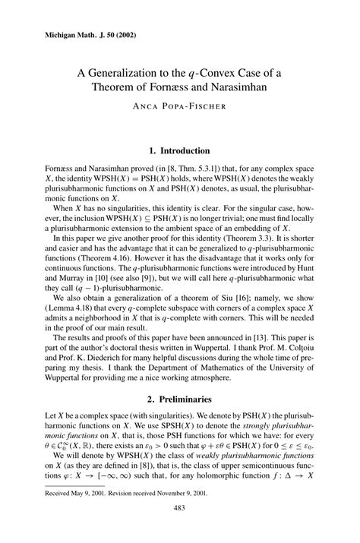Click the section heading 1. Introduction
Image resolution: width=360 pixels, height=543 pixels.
pyautogui.click(x=179, y=150)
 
